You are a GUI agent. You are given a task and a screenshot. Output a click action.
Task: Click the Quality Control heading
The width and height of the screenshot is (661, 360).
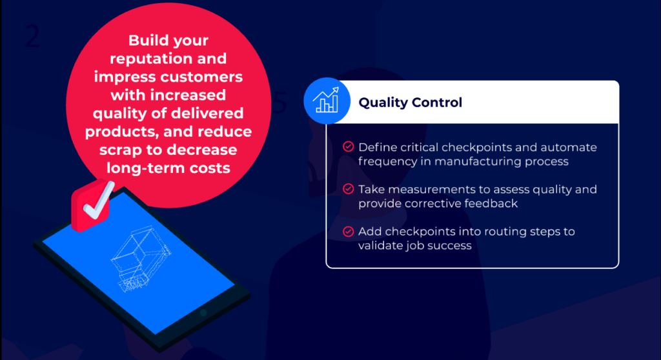pyautogui.click(x=410, y=103)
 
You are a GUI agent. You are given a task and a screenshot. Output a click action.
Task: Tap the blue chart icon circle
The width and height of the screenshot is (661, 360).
pyautogui.click(x=327, y=100)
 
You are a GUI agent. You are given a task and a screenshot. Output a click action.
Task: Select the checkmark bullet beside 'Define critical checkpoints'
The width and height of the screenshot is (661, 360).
pyautogui.click(x=348, y=147)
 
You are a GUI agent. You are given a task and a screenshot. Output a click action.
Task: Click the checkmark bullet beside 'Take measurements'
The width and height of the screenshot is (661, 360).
pyautogui.click(x=348, y=189)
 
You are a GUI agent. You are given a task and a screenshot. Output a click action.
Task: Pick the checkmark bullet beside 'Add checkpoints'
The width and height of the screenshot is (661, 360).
pyautogui.click(x=348, y=231)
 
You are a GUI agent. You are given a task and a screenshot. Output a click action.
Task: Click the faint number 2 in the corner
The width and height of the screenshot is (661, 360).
pyautogui.click(x=32, y=37)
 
